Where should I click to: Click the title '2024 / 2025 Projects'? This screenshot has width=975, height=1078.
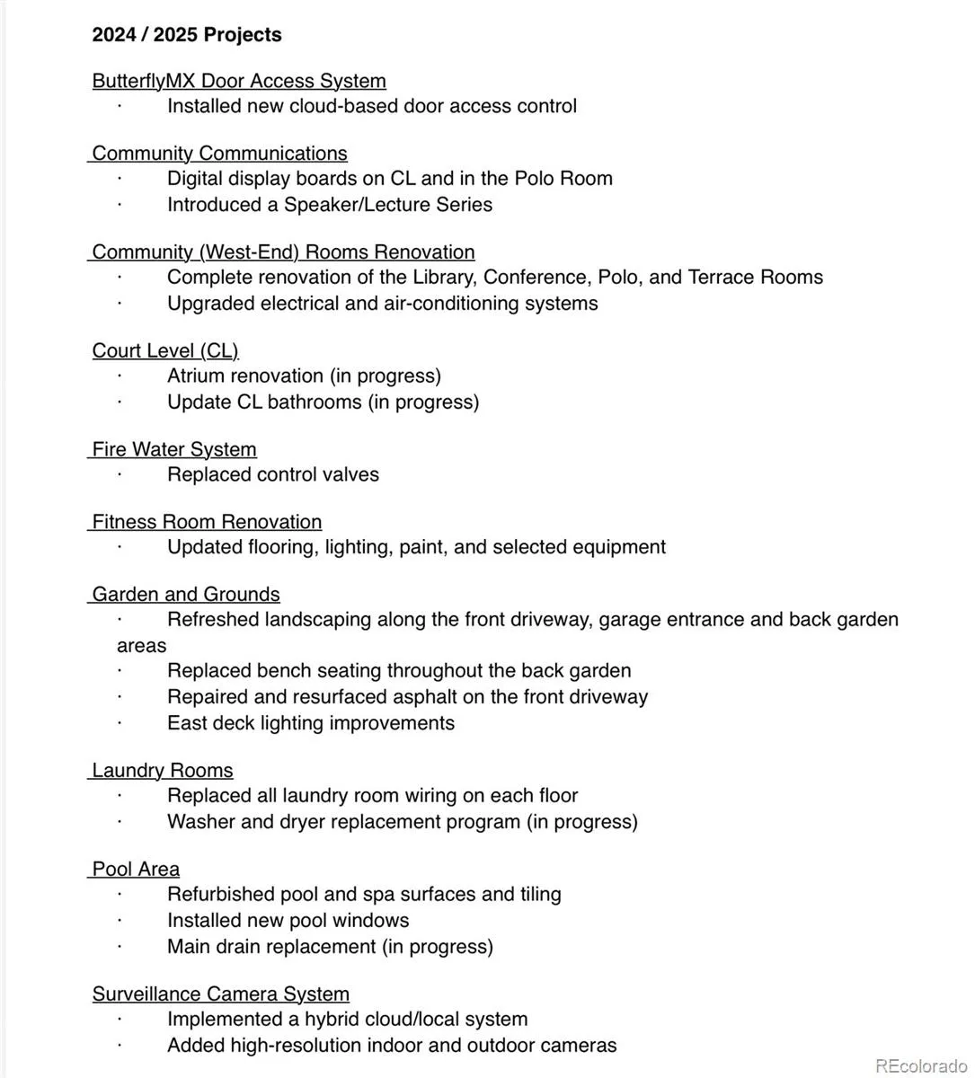(187, 35)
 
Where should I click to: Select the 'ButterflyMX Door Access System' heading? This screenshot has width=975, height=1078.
(239, 81)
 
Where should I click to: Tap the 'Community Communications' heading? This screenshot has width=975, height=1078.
(219, 154)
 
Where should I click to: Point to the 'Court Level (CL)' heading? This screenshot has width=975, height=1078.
(165, 350)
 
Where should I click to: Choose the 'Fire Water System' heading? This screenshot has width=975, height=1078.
(174, 449)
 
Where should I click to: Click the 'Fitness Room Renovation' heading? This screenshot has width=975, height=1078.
(207, 522)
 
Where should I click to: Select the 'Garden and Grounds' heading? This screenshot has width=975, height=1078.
(186, 595)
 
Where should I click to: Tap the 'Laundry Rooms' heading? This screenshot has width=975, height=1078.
(163, 771)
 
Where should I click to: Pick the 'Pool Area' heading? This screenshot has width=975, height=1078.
(136, 870)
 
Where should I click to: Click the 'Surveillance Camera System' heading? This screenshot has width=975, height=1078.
(221, 994)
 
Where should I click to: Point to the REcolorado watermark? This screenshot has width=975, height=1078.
(921, 1066)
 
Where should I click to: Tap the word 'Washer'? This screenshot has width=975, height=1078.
(197, 822)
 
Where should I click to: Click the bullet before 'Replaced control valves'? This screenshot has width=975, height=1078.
(120, 475)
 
